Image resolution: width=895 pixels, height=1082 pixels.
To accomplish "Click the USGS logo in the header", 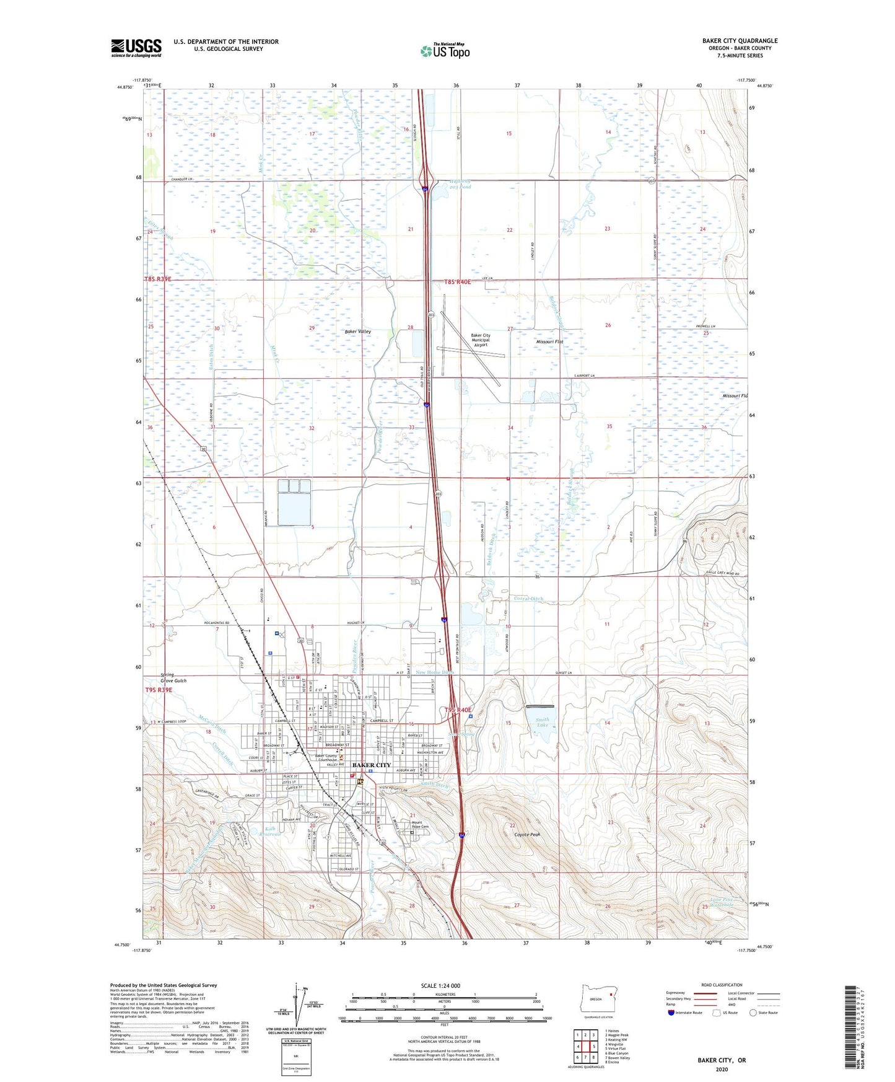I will tap(136, 48).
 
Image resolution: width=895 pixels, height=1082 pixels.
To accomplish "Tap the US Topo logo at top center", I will tap(444, 50).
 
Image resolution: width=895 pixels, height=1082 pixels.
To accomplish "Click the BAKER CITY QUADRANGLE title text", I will tap(740, 41).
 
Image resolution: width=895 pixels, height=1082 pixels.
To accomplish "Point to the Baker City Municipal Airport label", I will tap(480, 340).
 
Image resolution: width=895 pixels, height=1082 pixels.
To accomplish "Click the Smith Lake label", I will tap(542, 722).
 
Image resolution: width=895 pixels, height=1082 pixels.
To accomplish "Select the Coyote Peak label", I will tap(528, 835).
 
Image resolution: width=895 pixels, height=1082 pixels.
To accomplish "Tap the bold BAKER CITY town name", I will tap(371, 765).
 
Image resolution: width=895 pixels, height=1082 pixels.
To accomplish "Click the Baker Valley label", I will tap(358, 332).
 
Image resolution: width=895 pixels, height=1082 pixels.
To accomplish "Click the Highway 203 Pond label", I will tap(460, 184).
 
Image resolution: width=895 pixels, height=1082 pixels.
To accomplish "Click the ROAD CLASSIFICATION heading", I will tap(722, 985).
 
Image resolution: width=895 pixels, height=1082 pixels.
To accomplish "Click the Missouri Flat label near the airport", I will tap(549, 342).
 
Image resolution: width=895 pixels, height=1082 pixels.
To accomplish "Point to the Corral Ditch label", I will tap(528, 599).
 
